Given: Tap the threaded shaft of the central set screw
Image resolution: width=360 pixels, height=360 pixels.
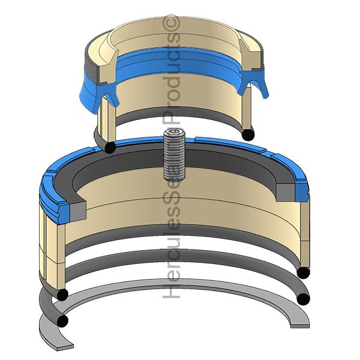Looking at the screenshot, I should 173,159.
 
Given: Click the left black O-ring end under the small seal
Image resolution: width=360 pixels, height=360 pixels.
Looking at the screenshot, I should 110,146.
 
